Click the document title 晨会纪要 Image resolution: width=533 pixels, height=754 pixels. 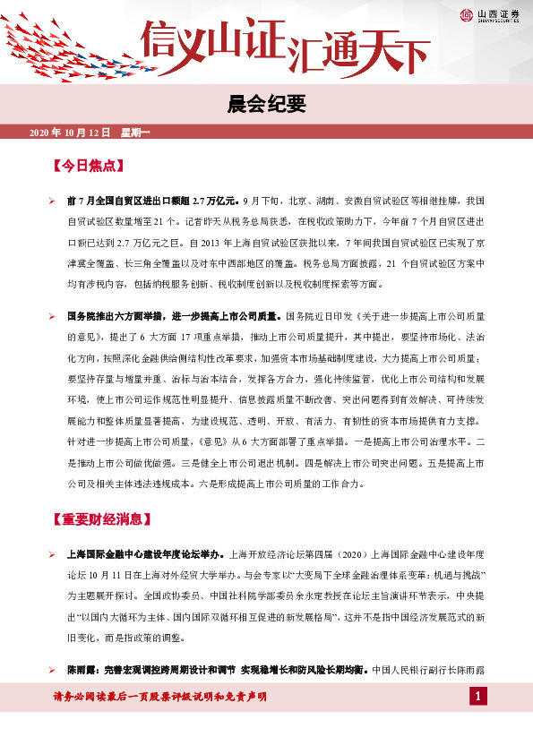(266, 104)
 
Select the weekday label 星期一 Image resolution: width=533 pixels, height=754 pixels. (136, 133)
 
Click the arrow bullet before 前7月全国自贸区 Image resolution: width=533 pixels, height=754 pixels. (53, 201)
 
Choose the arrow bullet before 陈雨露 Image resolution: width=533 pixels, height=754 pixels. (53, 670)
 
